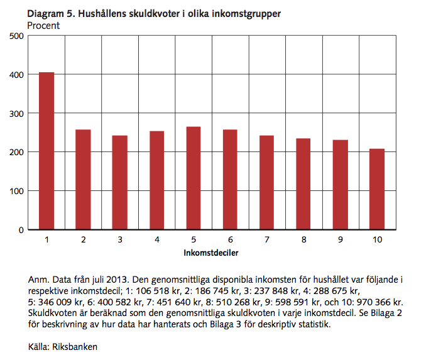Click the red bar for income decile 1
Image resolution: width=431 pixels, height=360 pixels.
point(46,151)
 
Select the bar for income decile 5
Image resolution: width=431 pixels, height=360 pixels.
point(194,178)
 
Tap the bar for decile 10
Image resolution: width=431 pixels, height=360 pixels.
point(377,189)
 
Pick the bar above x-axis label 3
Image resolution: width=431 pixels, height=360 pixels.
point(120,182)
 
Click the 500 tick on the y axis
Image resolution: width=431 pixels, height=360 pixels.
point(16,36)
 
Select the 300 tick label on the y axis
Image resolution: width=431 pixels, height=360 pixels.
point(16,114)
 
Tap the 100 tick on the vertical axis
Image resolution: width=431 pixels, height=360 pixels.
point(16,191)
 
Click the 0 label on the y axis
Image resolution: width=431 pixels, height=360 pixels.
point(20,230)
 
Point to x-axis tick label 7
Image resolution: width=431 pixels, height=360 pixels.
point(267,240)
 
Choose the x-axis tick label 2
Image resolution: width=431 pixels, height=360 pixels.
point(83,240)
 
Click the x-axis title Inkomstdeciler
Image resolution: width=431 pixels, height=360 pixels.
point(212,253)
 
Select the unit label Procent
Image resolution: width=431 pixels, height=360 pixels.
point(43,26)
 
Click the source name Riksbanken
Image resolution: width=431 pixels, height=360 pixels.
point(77,346)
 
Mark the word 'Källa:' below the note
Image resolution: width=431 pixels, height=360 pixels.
point(40,346)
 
